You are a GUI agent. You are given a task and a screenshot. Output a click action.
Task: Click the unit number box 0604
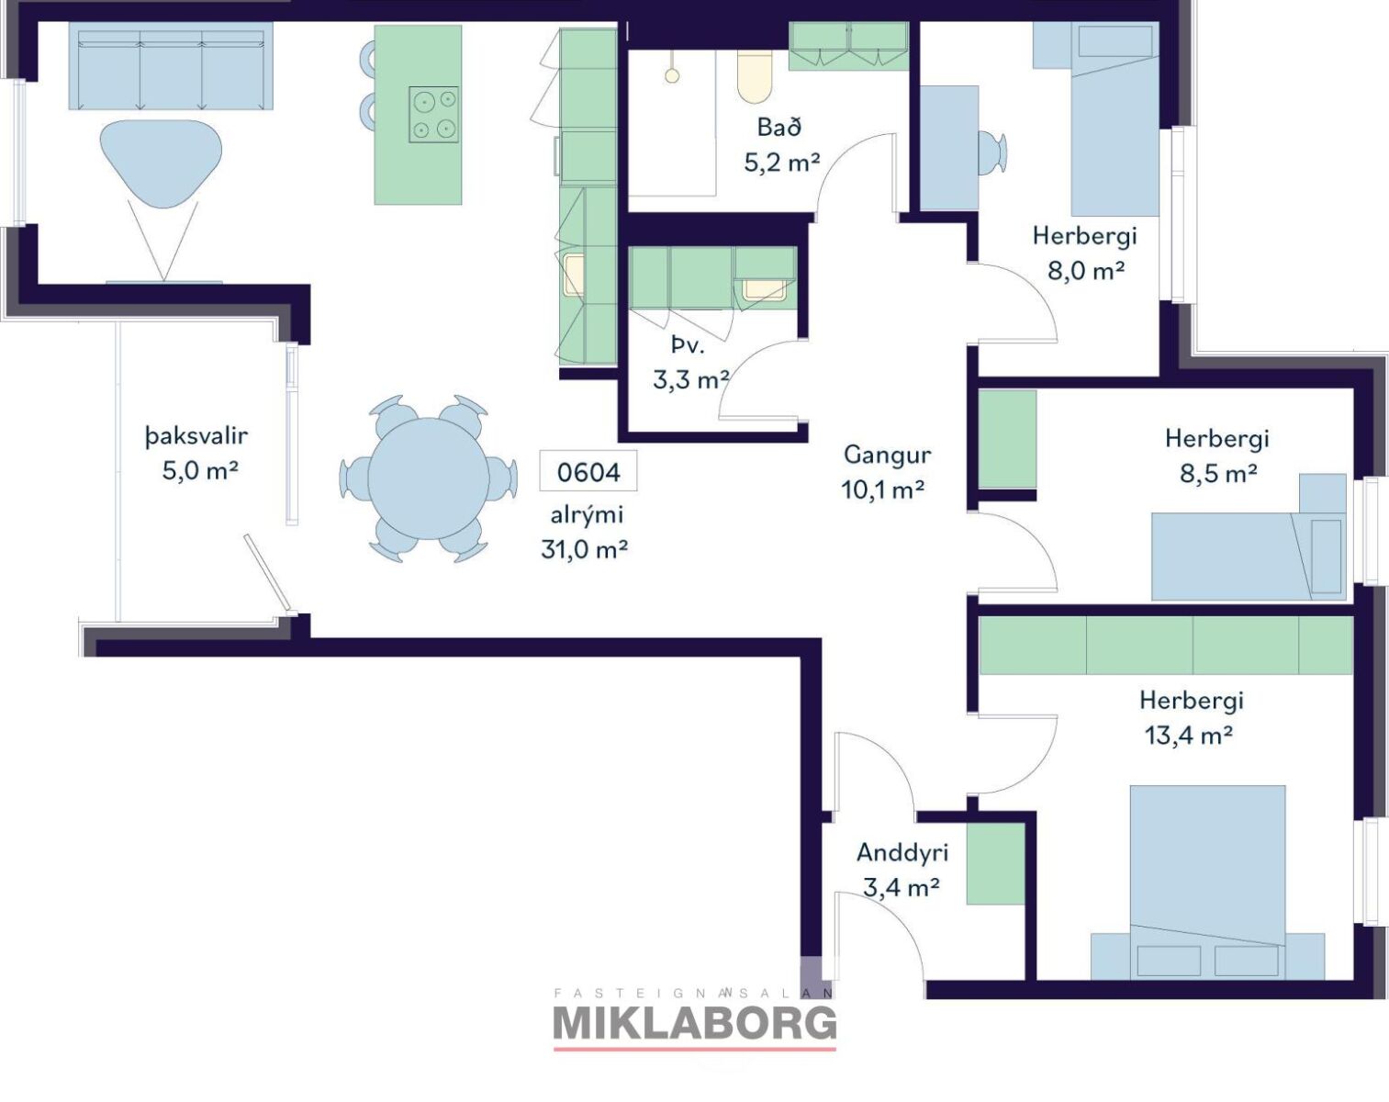tap(588, 471)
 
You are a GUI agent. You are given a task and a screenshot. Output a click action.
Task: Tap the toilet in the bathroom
tap(755, 76)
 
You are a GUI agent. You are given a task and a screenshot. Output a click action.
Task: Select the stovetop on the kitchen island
tap(433, 114)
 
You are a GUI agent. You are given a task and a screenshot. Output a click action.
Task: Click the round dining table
tap(428, 478)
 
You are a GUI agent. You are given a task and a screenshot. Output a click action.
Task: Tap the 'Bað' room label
tap(779, 127)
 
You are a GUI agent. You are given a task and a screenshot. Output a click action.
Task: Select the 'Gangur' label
tap(887, 455)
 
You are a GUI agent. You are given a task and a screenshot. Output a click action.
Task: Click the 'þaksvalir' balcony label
tap(196, 436)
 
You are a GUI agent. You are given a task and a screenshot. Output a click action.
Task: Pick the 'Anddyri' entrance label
tap(902, 853)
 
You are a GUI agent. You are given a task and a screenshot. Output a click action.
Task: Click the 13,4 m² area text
tap(1189, 735)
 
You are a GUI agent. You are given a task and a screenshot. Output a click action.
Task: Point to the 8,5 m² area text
tap(1218, 473)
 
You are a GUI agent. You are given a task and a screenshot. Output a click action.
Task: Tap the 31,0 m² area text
tap(584, 549)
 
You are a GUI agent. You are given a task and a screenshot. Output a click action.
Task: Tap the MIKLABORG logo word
tap(694, 1024)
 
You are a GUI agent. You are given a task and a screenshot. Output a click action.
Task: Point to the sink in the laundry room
tap(764, 289)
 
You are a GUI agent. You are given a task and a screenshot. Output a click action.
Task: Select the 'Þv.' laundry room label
tap(688, 347)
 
